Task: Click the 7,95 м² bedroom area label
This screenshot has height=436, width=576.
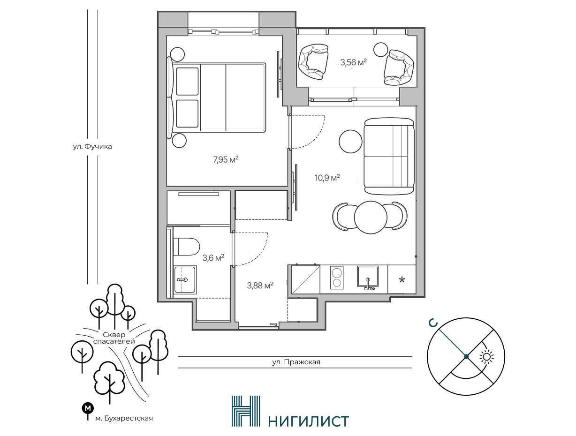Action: [x=226, y=159]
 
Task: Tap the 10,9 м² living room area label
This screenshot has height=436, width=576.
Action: [x=327, y=178]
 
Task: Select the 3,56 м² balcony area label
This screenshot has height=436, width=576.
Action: [x=354, y=62]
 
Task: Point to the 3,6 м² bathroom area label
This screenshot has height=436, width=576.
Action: [x=213, y=258]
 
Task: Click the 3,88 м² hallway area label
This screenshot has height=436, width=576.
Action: [x=260, y=285]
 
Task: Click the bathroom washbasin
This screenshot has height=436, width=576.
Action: [x=185, y=279]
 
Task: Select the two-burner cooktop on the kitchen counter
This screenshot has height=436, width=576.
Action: [x=337, y=278]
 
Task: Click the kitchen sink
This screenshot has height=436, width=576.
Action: [x=368, y=277]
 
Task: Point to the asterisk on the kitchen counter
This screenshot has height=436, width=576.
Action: [x=402, y=280]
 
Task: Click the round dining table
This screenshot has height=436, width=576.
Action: [x=370, y=217]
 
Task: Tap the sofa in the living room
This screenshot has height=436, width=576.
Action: [x=389, y=156]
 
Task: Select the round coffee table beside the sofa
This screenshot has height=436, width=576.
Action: [x=350, y=141]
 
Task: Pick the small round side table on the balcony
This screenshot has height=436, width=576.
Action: [x=380, y=49]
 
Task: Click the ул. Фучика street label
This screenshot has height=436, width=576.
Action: [x=92, y=146]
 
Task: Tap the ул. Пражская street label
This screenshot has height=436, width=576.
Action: [x=296, y=362]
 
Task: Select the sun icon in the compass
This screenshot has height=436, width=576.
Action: [x=486, y=357]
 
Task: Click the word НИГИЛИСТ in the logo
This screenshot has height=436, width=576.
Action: [x=309, y=421]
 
